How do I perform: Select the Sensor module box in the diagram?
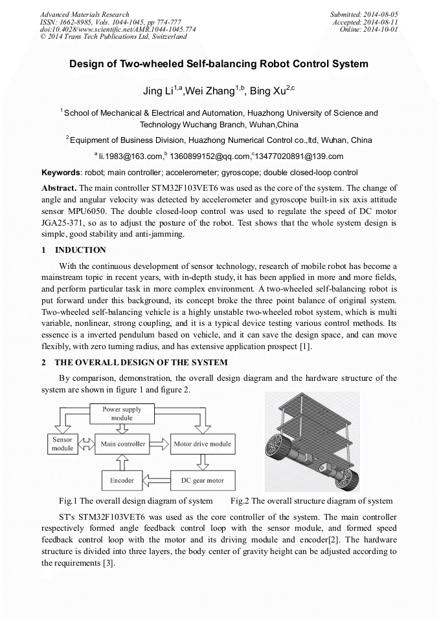tap(63, 444)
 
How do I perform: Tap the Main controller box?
tap(123, 444)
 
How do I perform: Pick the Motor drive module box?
tap(202, 444)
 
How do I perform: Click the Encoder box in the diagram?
tap(122, 480)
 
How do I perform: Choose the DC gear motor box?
tap(202, 480)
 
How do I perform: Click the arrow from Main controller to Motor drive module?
tap(159, 444)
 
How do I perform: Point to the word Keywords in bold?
tap(61, 173)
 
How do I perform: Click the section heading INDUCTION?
tap(80, 250)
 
